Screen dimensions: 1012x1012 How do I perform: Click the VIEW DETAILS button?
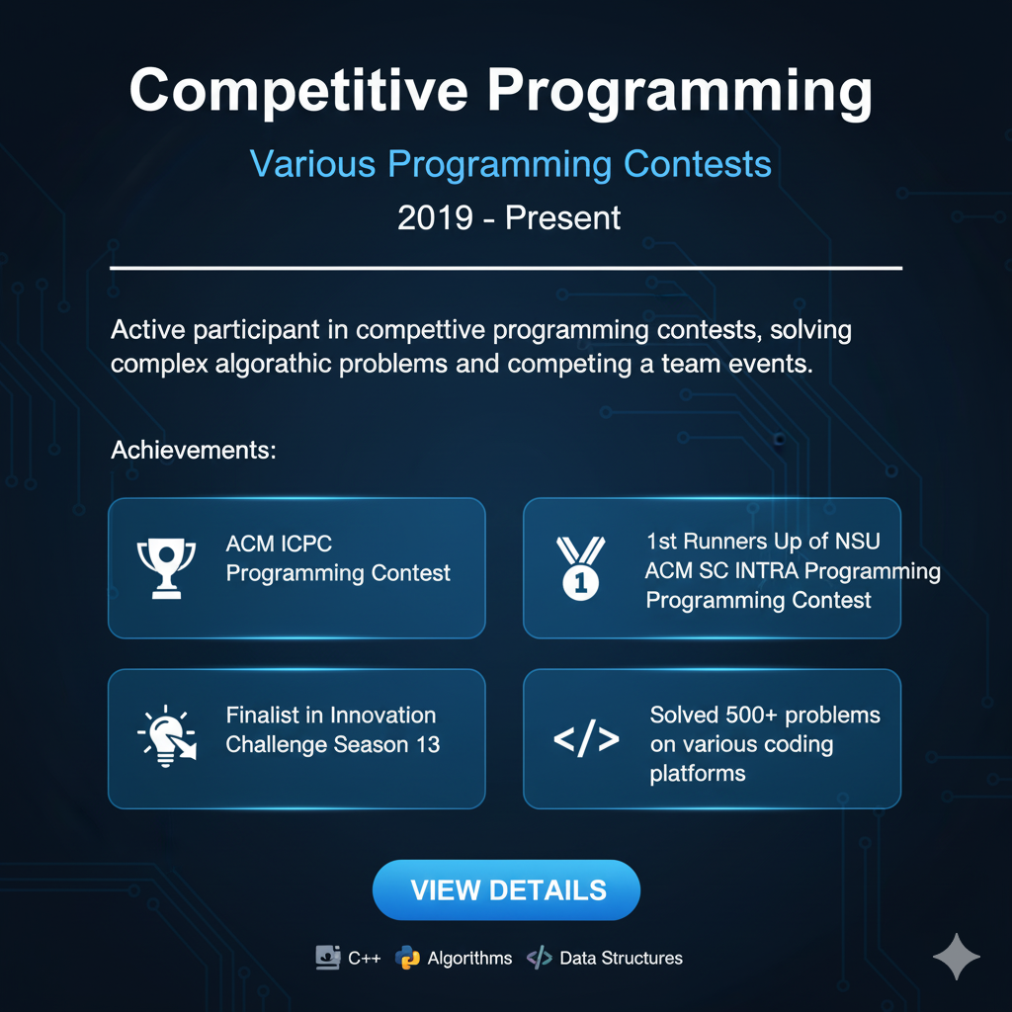[507, 889]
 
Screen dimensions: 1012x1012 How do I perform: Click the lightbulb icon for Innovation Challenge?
[166, 737]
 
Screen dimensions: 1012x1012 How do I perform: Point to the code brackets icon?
[586, 739]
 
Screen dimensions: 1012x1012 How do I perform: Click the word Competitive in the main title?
[298, 91]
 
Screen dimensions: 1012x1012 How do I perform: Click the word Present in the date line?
[562, 217]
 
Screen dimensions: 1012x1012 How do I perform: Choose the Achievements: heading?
[193, 451]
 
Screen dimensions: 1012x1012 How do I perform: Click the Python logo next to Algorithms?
[407, 958]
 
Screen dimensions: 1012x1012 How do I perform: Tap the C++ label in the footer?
[364, 958]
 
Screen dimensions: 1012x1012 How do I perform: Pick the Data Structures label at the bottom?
[621, 958]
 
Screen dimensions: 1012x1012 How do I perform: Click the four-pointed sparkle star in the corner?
[957, 956]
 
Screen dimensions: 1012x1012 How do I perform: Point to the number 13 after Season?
[428, 744]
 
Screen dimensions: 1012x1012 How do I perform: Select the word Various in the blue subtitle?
[312, 163]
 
